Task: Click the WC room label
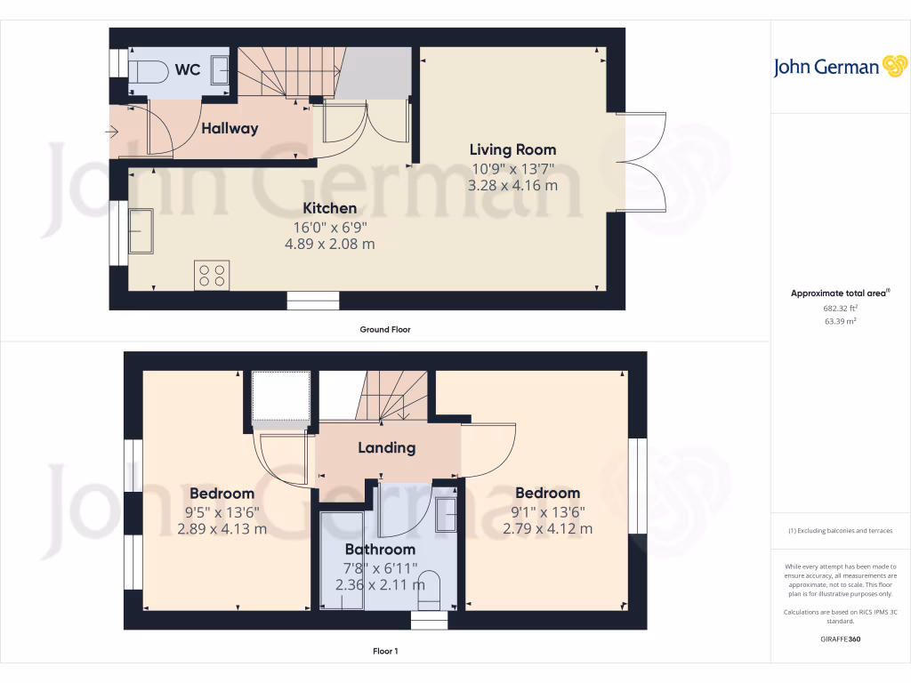coord(188,69)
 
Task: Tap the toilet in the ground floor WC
coord(147,71)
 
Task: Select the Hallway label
coord(229,128)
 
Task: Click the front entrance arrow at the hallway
coord(111,133)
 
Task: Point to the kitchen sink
coord(141,231)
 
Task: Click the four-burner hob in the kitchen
coord(212,275)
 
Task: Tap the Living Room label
coord(512,149)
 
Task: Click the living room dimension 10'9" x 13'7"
coord(512,167)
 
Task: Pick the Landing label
coord(386,447)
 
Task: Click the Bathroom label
coord(380,549)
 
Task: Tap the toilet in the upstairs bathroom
coord(428,584)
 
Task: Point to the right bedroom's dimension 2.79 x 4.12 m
coord(547,528)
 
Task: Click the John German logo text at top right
coord(826,68)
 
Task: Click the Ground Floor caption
coord(384,329)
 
